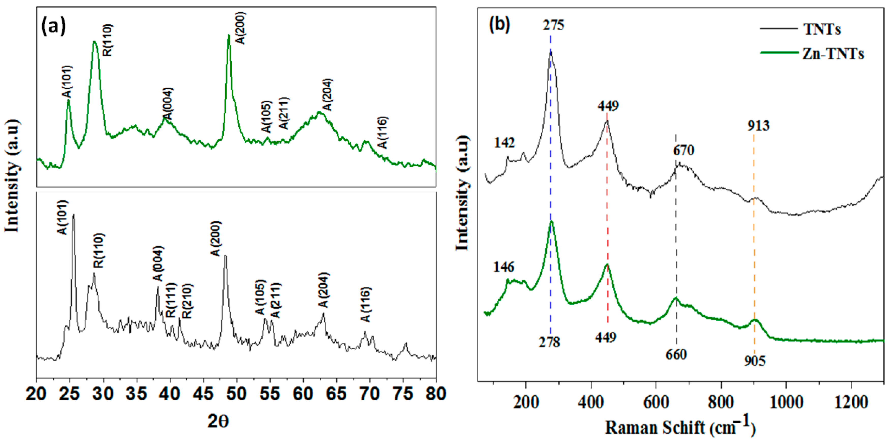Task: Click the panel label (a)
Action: coord(54,27)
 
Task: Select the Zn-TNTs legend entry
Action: coord(833,54)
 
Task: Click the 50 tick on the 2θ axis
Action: coord(236,394)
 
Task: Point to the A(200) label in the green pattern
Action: coord(241,28)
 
